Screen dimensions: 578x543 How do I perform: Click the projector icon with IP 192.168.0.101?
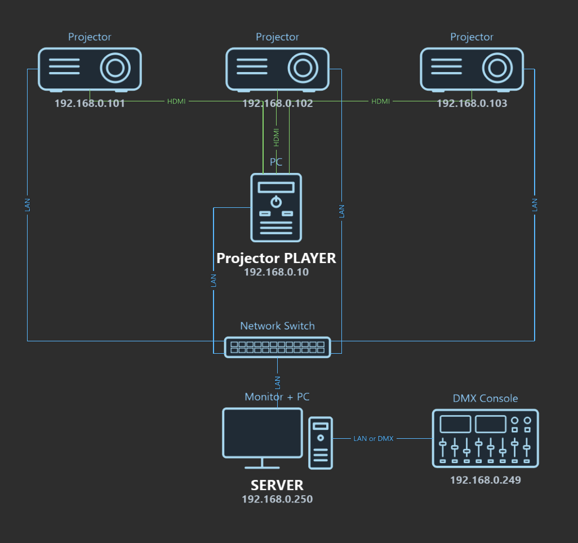tap(90, 69)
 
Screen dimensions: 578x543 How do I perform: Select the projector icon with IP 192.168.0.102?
tap(277, 69)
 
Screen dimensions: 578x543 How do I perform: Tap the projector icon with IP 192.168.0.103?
tap(472, 69)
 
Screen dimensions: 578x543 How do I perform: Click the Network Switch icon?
tap(278, 347)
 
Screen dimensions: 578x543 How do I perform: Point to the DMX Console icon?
tap(486, 438)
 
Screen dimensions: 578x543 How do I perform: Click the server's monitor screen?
tap(263, 433)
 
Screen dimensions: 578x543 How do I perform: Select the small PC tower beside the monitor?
tap(321, 443)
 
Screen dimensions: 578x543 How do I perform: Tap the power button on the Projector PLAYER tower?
tap(276, 202)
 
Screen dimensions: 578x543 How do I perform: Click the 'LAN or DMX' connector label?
tap(374, 439)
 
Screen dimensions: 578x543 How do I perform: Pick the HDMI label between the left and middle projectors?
tap(176, 101)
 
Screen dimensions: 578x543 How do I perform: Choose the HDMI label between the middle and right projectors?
tap(380, 101)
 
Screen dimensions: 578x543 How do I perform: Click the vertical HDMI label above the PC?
tap(277, 137)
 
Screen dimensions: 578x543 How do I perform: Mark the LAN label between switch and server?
tap(278, 382)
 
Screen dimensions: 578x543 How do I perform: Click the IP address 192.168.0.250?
tap(277, 499)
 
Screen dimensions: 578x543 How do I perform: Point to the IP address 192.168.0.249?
tap(486, 480)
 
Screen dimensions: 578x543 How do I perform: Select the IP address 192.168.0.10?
tap(277, 272)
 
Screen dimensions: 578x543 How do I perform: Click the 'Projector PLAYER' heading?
tap(276, 258)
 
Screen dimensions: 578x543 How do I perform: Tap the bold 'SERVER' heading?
tap(277, 485)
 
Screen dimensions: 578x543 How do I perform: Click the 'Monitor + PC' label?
tap(277, 397)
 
